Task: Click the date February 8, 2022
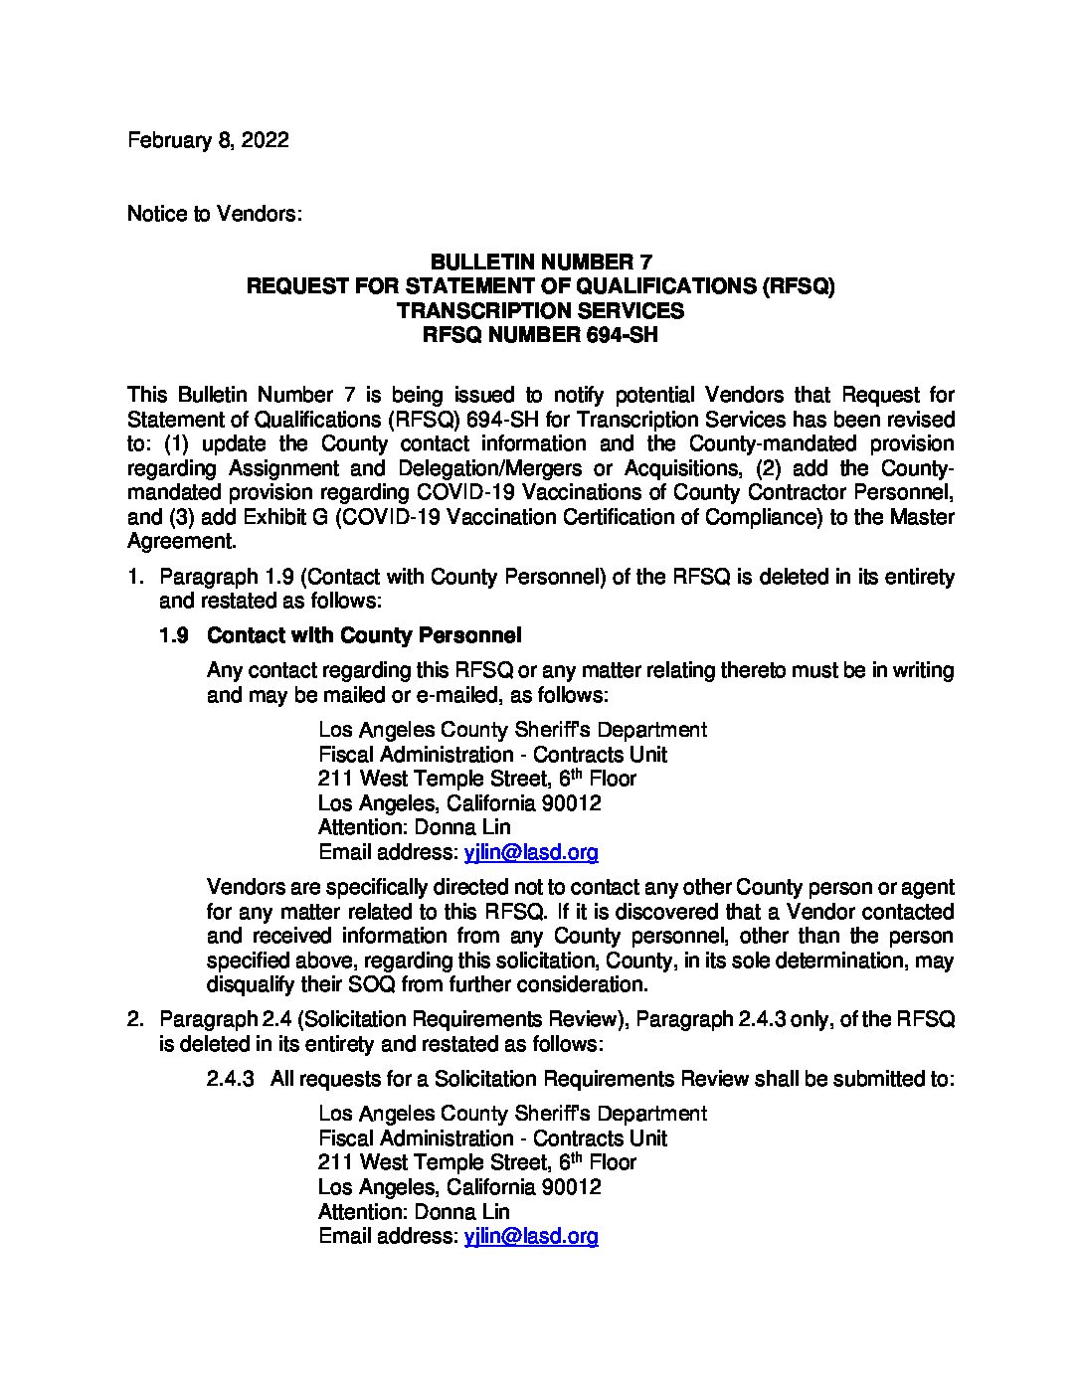point(208,140)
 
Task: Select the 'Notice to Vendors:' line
point(214,214)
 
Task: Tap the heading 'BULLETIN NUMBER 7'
point(540,262)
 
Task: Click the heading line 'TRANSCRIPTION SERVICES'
point(540,310)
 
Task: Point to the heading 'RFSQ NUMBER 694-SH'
point(540,335)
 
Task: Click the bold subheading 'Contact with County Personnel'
point(364,635)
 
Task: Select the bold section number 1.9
point(174,635)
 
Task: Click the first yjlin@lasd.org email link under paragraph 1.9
point(531,852)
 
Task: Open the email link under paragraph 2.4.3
point(531,1236)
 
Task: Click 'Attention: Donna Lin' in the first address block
point(414,827)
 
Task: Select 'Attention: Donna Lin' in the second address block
point(414,1212)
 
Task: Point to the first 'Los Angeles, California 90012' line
point(459,802)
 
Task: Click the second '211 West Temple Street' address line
point(477,1162)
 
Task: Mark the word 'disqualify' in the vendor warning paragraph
point(252,985)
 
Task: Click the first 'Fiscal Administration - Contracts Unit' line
point(492,755)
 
